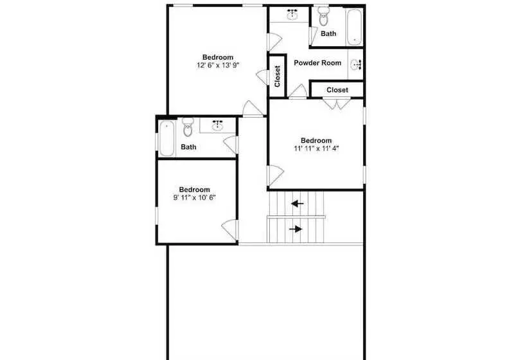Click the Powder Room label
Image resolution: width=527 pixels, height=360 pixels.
click(x=317, y=63)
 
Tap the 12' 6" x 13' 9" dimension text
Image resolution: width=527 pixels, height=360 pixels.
click(x=218, y=65)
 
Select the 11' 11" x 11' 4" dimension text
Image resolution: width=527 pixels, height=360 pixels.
click(x=316, y=148)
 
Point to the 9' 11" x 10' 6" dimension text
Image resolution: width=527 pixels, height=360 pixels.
click(x=194, y=197)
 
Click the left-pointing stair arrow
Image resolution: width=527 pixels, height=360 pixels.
click(x=297, y=203)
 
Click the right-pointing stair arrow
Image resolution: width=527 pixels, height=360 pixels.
click(x=296, y=230)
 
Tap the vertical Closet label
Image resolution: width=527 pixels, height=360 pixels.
click(x=277, y=76)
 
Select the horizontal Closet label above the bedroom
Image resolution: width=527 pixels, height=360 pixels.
click(x=337, y=90)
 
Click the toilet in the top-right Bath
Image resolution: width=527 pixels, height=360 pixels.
click(x=324, y=16)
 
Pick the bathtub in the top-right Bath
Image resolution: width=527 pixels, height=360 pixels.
click(x=354, y=27)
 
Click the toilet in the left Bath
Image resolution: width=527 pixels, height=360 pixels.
click(x=188, y=127)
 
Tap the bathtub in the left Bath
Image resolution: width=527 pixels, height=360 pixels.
click(x=166, y=138)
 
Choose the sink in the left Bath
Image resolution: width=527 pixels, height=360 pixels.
click(x=218, y=125)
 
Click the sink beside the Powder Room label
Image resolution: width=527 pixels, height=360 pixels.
click(x=355, y=64)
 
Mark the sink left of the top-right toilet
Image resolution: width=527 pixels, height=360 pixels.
click(x=293, y=14)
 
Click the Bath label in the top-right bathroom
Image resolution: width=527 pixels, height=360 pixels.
click(x=328, y=33)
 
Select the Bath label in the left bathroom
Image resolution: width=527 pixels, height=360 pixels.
click(x=188, y=147)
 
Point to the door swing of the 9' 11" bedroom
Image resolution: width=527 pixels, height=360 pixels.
click(x=230, y=230)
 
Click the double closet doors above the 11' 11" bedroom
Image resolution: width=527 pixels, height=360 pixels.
click(x=336, y=104)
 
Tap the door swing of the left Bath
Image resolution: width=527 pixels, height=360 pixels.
click(x=231, y=145)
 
